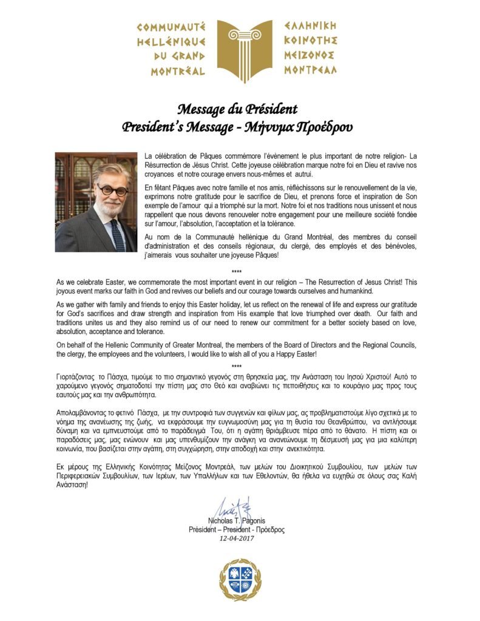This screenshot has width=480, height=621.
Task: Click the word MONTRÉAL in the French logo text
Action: pyautogui.click(x=171, y=71)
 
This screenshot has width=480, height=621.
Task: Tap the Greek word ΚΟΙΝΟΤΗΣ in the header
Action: pyautogui.click(x=310, y=41)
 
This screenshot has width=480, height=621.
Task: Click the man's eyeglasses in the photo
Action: pyautogui.click(x=112, y=189)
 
